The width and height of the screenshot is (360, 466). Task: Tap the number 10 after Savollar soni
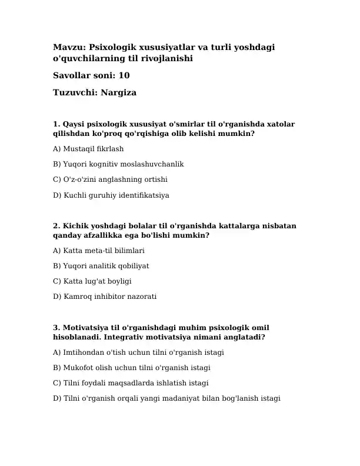click(x=124, y=75)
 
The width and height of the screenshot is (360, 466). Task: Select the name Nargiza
click(x=118, y=92)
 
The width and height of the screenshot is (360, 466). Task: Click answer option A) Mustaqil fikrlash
click(x=88, y=149)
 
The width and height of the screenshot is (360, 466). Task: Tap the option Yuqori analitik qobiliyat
click(x=101, y=266)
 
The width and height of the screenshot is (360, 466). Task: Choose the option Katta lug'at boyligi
click(x=92, y=281)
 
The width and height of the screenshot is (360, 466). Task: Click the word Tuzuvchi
click(x=74, y=92)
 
